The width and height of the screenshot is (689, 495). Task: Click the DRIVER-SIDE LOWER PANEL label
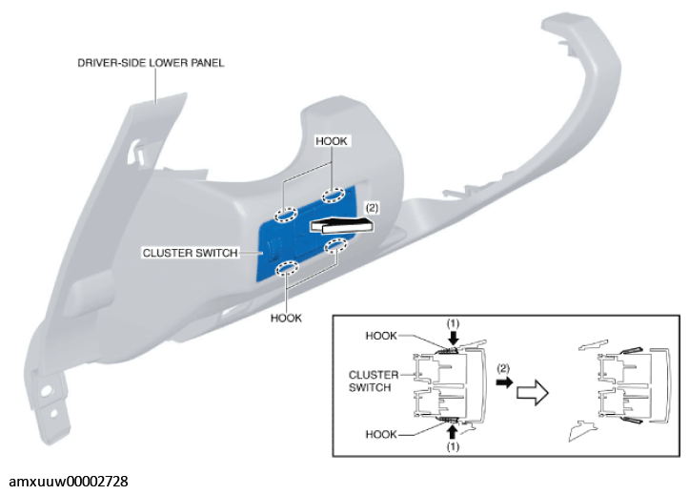tap(151, 63)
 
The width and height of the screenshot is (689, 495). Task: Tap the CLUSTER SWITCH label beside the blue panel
tap(191, 253)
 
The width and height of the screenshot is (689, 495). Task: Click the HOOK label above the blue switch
tap(332, 141)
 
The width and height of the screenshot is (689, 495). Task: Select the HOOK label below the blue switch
tap(286, 318)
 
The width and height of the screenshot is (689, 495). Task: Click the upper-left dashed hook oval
tap(286, 215)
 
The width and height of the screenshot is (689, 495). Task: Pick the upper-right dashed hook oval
tap(334, 196)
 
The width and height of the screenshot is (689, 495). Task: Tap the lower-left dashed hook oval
tap(288, 268)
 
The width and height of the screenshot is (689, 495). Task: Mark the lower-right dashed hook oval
tap(336, 246)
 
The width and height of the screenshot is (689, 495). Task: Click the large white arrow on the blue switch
tap(343, 225)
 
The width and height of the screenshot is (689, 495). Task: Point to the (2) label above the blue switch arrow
tap(372, 208)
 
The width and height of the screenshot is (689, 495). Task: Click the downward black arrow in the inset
tap(454, 338)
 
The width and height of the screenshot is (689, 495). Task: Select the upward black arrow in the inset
tap(453, 432)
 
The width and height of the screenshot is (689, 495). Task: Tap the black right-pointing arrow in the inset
tap(504, 382)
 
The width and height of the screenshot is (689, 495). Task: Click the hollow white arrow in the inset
tap(532, 393)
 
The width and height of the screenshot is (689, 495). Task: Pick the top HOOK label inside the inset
tap(381, 336)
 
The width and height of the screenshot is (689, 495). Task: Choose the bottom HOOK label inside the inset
tap(381, 434)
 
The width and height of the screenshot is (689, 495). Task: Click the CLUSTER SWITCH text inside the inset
tap(374, 382)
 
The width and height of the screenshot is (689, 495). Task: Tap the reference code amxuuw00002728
tap(69, 482)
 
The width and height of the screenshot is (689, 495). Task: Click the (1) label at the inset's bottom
tap(453, 446)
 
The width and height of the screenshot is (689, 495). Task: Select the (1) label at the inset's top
tap(453, 324)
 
